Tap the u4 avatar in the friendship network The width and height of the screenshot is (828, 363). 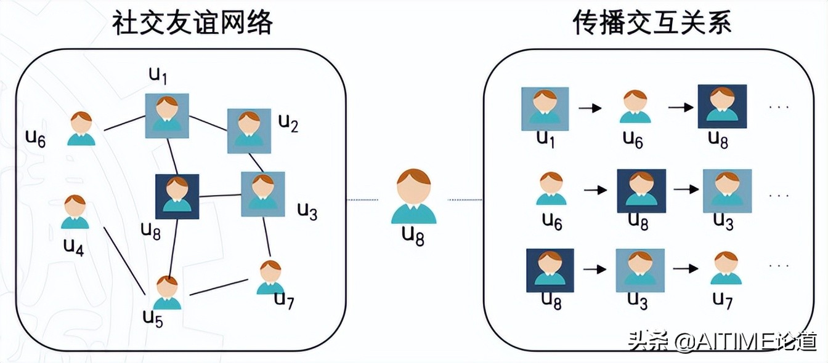coord(75,212)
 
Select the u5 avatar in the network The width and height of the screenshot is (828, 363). coord(167,293)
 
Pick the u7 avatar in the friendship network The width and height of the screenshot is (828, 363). coord(270,277)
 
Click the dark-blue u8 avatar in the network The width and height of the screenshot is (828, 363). coord(177,196)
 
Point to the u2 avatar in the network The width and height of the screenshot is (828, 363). coord(249,130)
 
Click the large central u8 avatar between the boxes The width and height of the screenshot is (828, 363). coord(413,197)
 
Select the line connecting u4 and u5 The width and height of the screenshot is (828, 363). coord(125,260)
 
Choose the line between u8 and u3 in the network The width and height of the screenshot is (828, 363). coord(219,196)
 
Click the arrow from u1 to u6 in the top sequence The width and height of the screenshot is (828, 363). coord(589,108)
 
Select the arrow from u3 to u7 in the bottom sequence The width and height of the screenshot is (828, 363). coord(685,268)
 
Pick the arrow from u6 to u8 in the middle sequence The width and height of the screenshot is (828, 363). coord(595,189)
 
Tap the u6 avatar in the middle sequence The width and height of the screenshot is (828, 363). coord(551,189)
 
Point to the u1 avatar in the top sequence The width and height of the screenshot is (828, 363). coord(545,109)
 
